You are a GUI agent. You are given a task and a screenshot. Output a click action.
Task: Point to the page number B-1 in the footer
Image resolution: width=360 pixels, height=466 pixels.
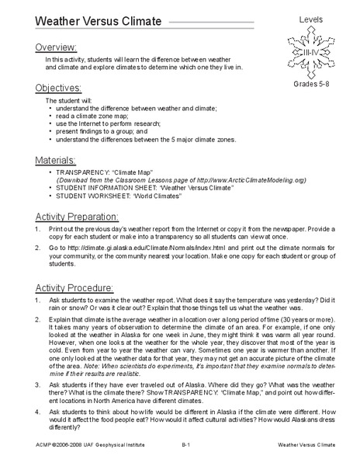point(186,446)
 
